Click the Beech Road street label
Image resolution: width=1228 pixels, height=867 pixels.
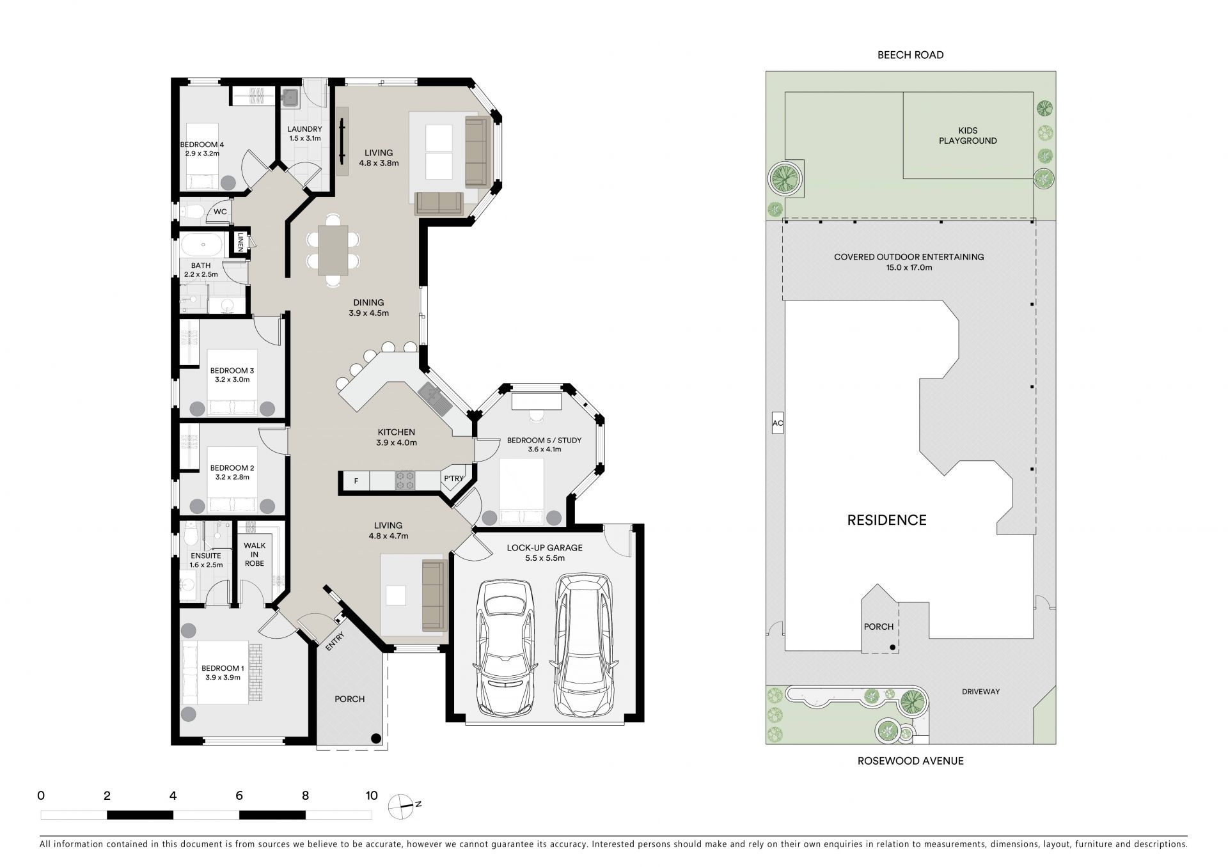pyautogui.click(x=910, y=55)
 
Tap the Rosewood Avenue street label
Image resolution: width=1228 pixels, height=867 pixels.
pyautogui.click(x=911, y=761)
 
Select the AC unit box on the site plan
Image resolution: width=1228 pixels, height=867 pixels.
pyautogui.click(x=778, y=423)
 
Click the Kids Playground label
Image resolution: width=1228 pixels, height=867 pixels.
pyautogui.click(x=968, y=136)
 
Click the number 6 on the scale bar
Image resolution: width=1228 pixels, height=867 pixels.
pyautogui.click(x=239, y=796)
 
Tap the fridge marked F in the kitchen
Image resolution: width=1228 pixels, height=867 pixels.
pyautogui.click(x=356, y=481)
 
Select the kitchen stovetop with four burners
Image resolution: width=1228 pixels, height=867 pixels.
pyautogui.click(x=405, y=480)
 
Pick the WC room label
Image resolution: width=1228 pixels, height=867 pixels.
pyautogui.click(x=220, y=212)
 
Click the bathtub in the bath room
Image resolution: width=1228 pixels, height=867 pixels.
pyautogui.click(x=202, y=245)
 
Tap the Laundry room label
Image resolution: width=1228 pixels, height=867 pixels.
pyautogui.click(x=304, y=134)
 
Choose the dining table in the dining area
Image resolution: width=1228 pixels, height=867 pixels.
pyautogui.click(x=333, y=249)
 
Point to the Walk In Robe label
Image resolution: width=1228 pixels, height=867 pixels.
pyautogui.click(x=254, y=554)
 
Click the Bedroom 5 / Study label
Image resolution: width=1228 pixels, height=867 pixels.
pyautogui.click(x=544, y=444)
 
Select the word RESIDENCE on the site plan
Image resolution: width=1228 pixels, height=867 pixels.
pyautogui.click(x=886, y=520)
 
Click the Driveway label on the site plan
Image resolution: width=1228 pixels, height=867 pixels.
pyautogui.click(x=980, y=691)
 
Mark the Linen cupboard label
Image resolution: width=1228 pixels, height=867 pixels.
pyautogui.click(x=240, y=241)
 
